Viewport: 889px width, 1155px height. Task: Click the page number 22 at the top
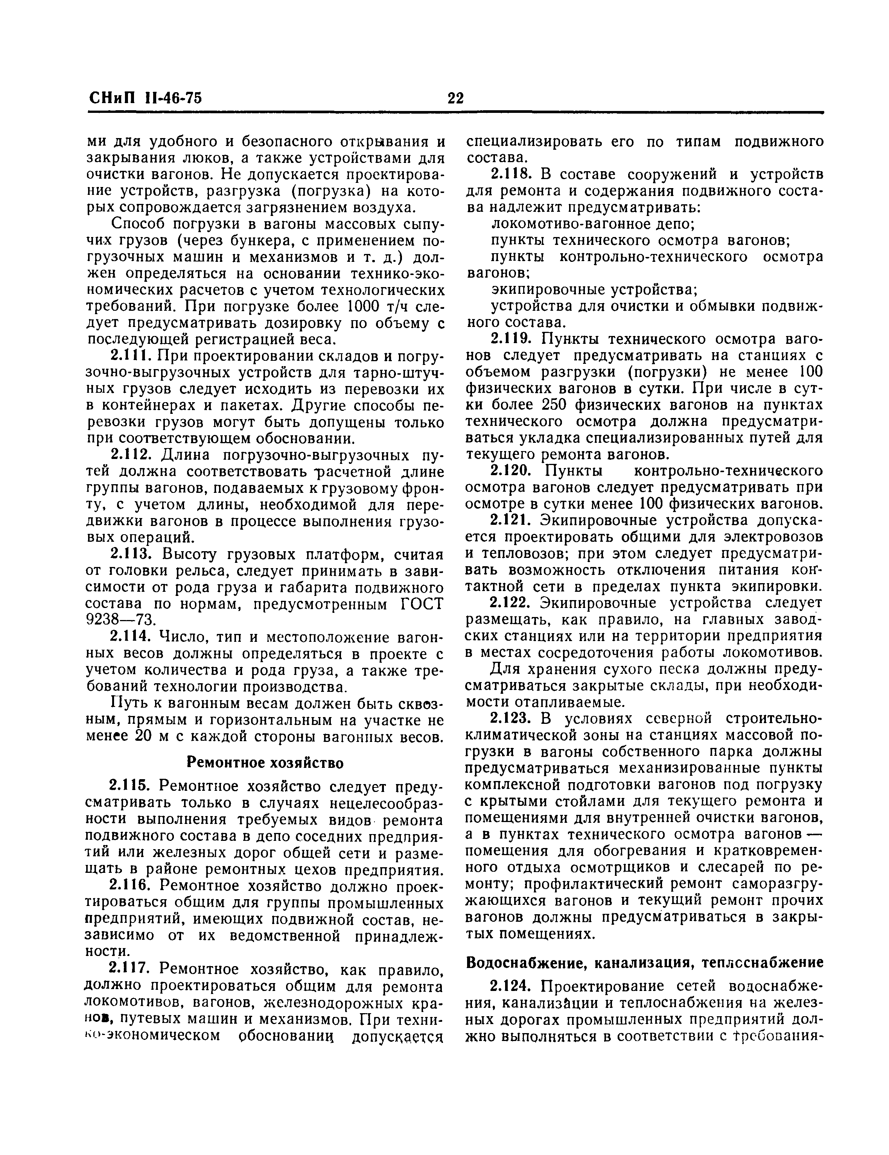coord(455,98)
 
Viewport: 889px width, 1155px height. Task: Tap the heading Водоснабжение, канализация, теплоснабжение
coord(644,962)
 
